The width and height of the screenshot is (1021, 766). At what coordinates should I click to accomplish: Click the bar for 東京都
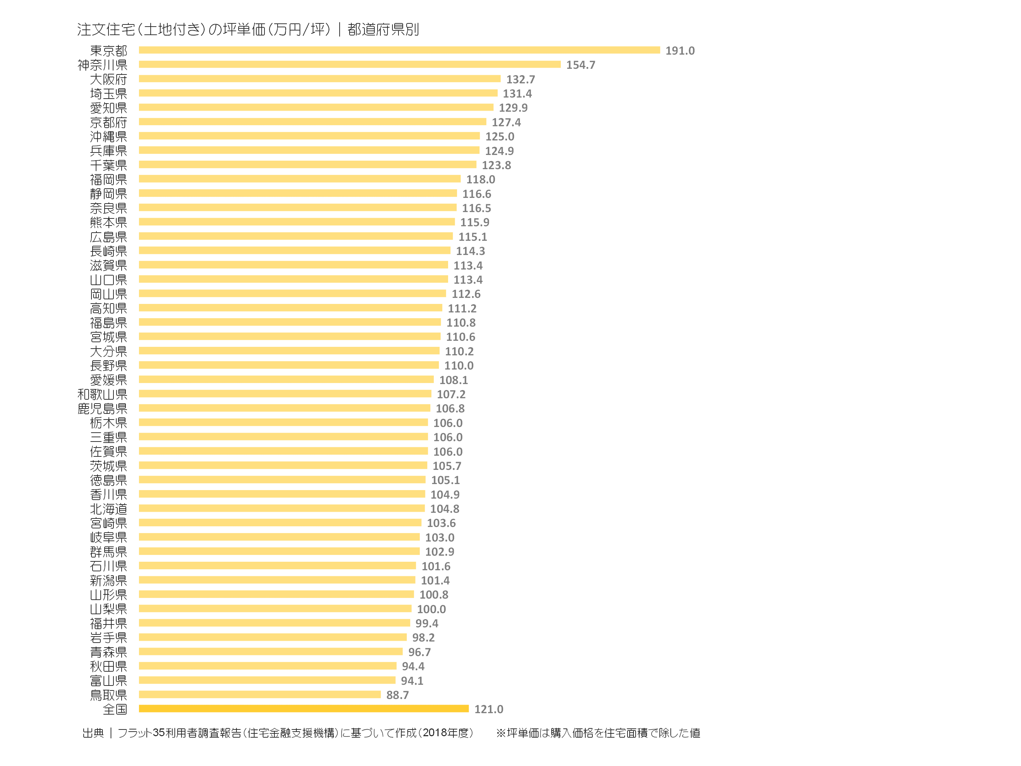[x=399, y=50]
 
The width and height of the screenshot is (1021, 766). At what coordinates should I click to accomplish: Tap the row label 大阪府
[x=108, y=79]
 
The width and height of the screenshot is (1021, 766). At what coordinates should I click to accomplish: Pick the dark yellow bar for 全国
[x=304, y=708]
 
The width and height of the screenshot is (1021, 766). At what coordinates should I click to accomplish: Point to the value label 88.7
[x=397, y=695]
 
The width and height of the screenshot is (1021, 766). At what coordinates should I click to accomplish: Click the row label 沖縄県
[x=108, y=137]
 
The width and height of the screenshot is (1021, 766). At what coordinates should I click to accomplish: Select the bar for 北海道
[x=281, y=508]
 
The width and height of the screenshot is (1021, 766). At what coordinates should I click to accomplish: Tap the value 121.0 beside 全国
[x=489, y=709]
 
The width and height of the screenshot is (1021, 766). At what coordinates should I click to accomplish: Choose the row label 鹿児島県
[x=102, y=409]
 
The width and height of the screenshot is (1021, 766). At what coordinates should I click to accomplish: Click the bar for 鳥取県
[x=260, y=694]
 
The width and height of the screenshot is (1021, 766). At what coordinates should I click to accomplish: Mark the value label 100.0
[x=431, y=609]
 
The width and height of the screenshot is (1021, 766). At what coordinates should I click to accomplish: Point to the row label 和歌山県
[x=102, y=394]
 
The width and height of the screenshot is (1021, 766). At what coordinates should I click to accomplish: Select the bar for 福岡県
[x=300, y=179]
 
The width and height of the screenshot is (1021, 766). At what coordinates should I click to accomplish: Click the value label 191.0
[x=680, y=51]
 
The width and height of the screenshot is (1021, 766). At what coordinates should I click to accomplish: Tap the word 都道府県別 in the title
[x=383, y=29]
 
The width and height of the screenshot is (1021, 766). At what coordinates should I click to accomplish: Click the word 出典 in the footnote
[x=93, y=733]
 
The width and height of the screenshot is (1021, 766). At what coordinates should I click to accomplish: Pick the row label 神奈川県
[x=102, y=65]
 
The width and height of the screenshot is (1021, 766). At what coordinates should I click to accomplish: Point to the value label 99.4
[x=427, y=623]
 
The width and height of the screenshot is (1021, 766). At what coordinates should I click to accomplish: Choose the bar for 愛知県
[x=316, y=107]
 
